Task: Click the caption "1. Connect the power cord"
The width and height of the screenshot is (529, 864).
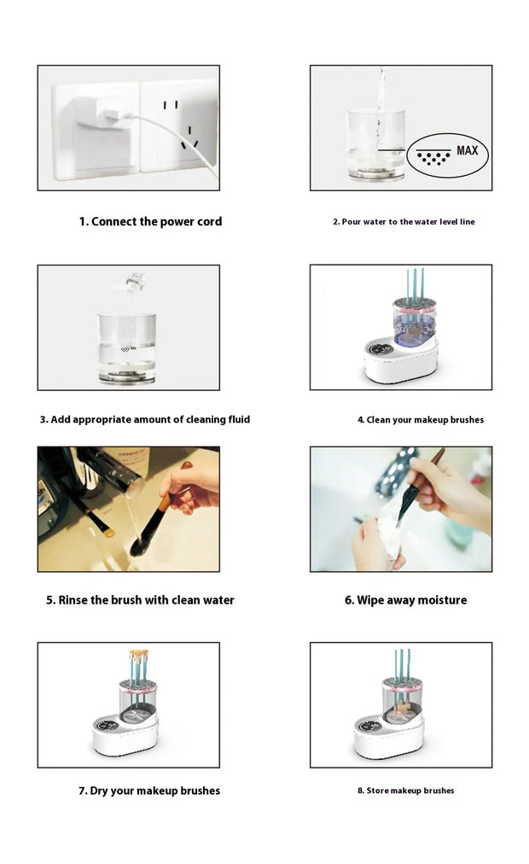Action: pyautogui.click(x=150, y=221)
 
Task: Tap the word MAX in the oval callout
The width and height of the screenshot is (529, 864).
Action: pyautogui.click(x=467, y=151)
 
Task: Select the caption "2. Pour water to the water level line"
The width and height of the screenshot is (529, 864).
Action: pyautogui.click(x=404, y=222)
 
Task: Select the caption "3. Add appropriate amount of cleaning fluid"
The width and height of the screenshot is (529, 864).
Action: pyautogui.click(x=145, y=419)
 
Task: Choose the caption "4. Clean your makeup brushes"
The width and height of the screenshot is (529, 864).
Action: pyautogui.click(x=420, y=420)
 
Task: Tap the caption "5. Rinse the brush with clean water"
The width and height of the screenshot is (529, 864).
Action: pyautogui.click(x=140, y=600)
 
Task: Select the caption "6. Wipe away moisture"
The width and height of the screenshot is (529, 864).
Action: pyautogui.click(x=405, y=600)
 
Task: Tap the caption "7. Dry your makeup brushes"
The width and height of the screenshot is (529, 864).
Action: pyautogui.click(x=149, y=791)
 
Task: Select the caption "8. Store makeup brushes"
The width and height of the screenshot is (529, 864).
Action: pyautogui.click(x=405, y=791)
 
